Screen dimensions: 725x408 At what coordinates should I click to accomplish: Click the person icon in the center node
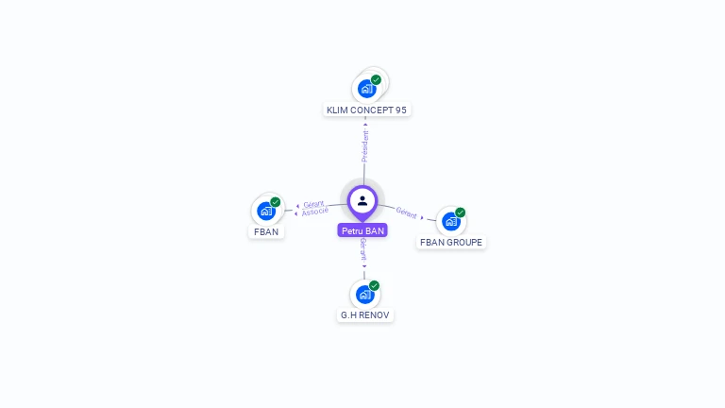[362, 200]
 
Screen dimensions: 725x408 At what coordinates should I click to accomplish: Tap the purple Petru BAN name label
[362, 230]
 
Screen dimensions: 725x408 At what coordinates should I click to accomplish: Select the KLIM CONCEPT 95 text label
[366, 110]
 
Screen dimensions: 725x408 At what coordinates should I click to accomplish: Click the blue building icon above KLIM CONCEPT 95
[366, 89]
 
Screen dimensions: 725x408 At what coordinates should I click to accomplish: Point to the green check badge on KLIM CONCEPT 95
[376, 80]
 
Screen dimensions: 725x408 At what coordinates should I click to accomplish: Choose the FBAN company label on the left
[266, 231]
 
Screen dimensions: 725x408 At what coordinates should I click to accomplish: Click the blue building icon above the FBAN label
[265, 211]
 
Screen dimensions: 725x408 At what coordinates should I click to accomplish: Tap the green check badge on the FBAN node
[276, 202]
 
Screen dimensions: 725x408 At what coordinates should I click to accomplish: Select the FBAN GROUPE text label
[451, 243]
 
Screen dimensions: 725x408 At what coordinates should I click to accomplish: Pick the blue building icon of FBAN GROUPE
[450, 222]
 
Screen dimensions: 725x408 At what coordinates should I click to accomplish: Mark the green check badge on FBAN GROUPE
[461, 212]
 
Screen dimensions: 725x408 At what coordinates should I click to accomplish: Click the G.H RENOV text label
[365, 314]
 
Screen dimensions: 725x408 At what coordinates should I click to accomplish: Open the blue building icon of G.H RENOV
[364, 294]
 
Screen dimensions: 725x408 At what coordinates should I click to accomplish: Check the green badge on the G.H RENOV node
[375, 285]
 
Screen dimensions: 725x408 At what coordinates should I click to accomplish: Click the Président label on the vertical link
[365, 146]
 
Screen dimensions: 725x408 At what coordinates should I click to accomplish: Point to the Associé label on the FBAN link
[315, 212]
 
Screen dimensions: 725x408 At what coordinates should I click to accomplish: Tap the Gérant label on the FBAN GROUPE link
[406, 213]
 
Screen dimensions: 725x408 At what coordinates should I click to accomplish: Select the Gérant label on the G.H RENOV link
[363, 250]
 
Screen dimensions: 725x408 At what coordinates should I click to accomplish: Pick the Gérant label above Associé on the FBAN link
[313, 204]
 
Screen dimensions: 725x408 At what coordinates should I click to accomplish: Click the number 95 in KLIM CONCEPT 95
[401, 110]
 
